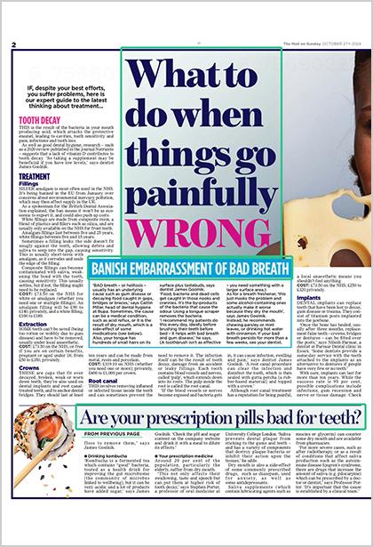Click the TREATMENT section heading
[x=35, y=176]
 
